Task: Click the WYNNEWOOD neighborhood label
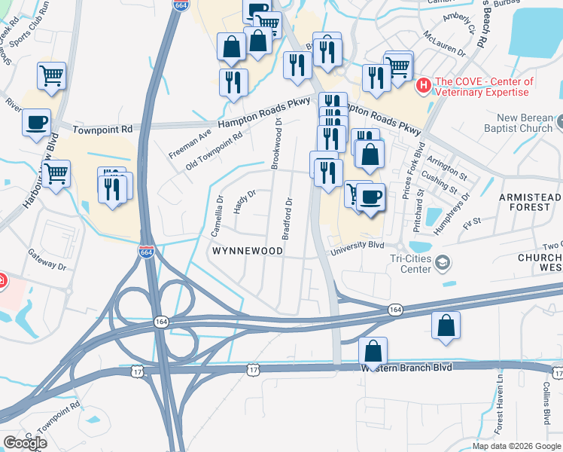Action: coord(247,250)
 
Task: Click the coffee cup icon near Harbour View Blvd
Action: coord(36,122)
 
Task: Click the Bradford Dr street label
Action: coord(287,218)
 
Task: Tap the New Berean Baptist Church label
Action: coord(525,124)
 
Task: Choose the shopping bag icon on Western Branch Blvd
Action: coord(373,351)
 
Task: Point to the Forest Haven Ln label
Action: coord(498,405)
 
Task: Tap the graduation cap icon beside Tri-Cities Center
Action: coord(443,262)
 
